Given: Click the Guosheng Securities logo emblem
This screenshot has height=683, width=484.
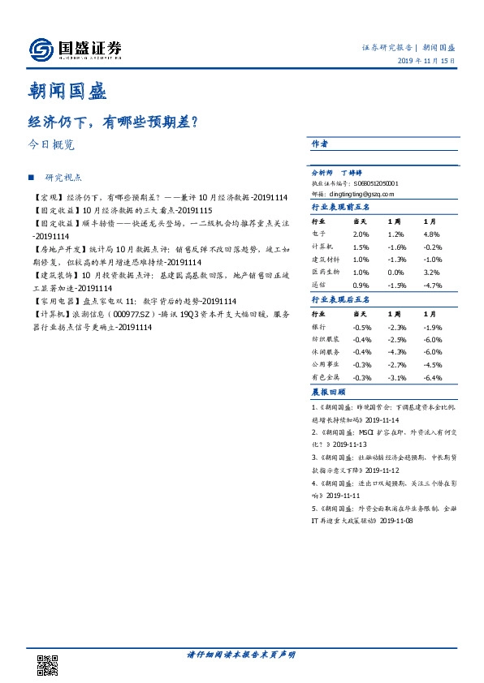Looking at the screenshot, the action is coord(41,50).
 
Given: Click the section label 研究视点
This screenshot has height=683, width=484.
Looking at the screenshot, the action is coord(64,177).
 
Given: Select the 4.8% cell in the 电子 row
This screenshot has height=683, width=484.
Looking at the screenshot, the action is coord(431,234).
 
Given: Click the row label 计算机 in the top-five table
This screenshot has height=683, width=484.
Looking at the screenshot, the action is coord(323,247).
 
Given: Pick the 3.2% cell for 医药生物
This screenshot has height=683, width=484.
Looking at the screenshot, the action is coord(431,273).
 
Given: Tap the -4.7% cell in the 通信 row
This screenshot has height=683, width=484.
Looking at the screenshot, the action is coord(433,286).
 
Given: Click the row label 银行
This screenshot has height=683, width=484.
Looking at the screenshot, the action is coord(320,326).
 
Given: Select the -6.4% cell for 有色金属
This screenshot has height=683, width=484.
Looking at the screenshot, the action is coord(433,378).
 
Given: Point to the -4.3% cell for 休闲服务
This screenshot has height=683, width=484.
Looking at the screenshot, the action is coord(396,352).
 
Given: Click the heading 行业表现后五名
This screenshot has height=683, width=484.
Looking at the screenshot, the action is coord(341,300).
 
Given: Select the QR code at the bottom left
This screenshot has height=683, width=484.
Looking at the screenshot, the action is coord(48,663).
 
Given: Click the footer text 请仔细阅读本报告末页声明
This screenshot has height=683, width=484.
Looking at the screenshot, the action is coord(241,655).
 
